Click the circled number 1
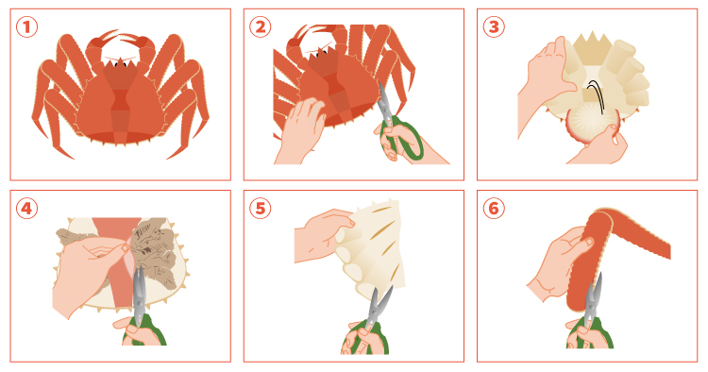26,27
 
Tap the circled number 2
261,27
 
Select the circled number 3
494,27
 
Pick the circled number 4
26,209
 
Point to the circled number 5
261,209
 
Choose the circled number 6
494,209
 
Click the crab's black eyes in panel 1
120,63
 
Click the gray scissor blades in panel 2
385,103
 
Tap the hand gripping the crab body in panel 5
324,236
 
